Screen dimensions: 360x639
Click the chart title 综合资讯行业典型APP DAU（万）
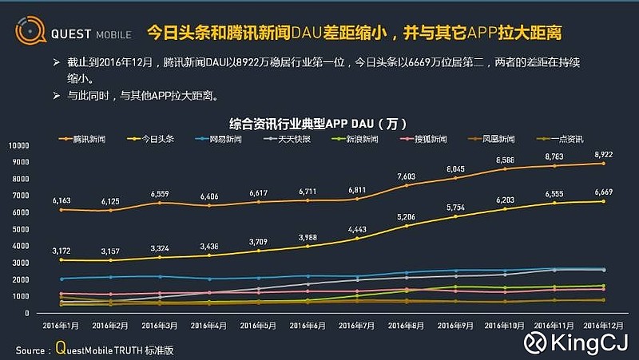(317, 124)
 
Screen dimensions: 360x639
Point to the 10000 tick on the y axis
(19, 146)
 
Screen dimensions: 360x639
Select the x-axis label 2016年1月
(61, 326)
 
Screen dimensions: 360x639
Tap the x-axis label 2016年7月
(357, 326)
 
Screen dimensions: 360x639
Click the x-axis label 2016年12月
(603, 326)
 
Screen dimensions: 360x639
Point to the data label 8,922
(603, 154)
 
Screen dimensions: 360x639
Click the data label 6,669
(603, 192)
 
